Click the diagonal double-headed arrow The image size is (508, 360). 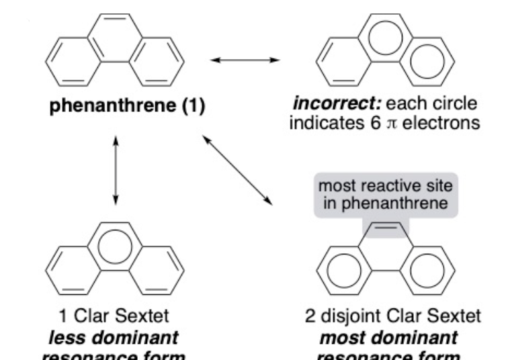239,170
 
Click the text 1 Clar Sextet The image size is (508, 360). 118,317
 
